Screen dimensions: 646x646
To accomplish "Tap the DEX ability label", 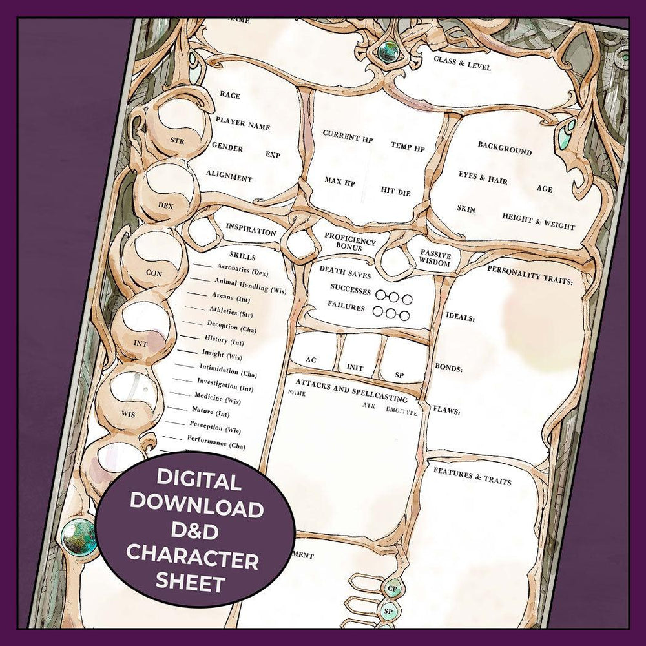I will click(x=165, y=205).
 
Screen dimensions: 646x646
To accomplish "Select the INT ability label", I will click(x=140, y=343).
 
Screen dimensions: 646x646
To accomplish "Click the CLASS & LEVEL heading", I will click(x=462, y=63).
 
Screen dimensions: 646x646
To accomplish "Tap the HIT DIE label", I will click(x=395, y=191).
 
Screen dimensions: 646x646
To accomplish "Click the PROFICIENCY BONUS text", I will click(x=349, y=242).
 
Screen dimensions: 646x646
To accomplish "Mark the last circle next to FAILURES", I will click(x=404, y=316).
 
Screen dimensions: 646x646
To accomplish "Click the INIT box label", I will click(x=355, y=367).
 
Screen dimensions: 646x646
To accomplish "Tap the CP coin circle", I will click(x=392, y=589).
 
